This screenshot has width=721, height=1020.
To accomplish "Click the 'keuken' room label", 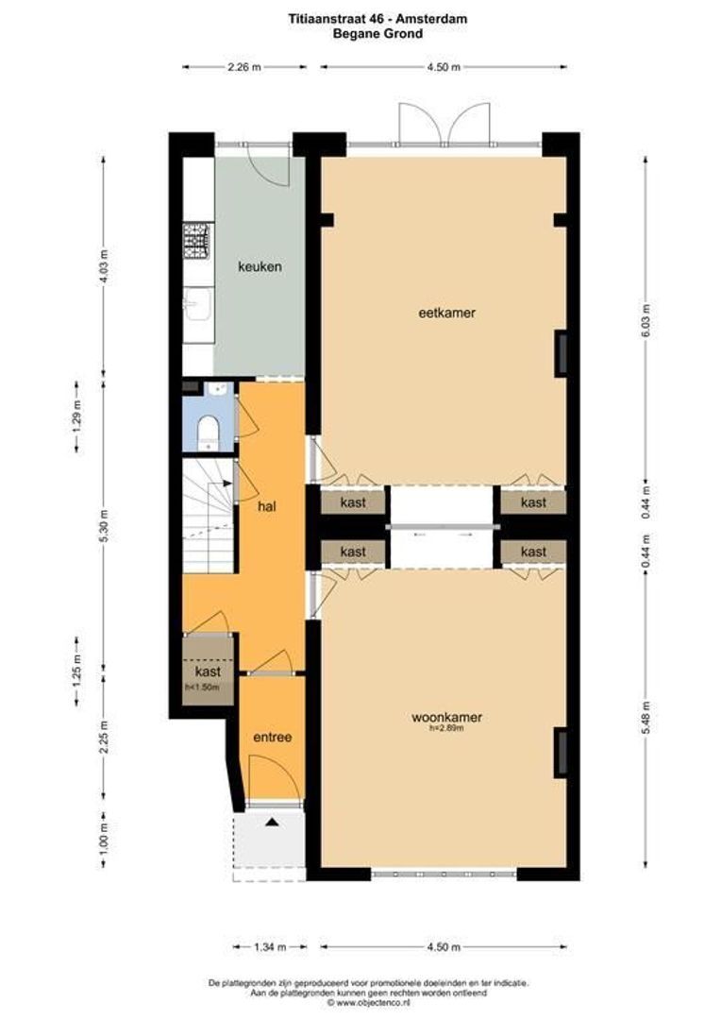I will (259, 267).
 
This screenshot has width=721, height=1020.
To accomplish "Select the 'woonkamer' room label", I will (446, 718).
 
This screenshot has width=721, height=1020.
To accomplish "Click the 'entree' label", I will (271, 737).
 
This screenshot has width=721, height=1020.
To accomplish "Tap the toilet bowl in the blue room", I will (208, 434).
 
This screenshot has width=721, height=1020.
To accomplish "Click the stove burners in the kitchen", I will (197, 241).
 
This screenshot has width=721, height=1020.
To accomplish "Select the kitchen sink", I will (197, 305).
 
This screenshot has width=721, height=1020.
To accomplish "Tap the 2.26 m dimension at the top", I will (243, 67).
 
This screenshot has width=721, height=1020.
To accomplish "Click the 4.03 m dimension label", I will (104, 266).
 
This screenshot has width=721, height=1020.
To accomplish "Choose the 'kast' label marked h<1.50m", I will (208, 672).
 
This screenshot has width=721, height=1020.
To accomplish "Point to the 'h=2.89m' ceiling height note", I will (446, 728).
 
